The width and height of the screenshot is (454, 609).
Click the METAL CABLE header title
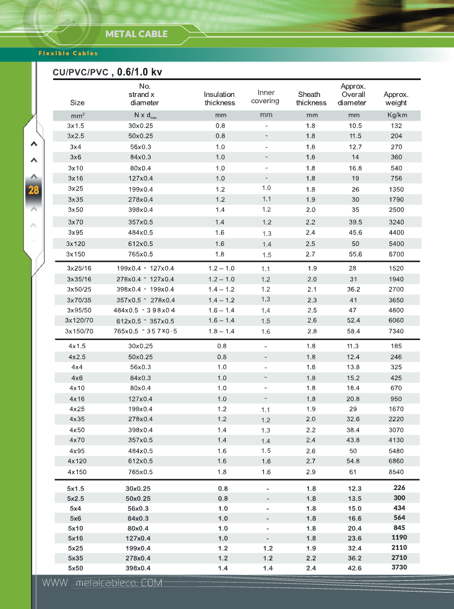[x=136, y=34]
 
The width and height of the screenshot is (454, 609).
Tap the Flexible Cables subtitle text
[x=68, y=54]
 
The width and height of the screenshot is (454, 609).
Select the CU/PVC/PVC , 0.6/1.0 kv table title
[x=107, y=72]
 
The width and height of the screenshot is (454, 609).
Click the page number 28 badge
[x=34, y=190]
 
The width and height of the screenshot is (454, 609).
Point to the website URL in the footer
[x=102, y=582]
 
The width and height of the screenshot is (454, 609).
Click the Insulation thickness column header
[x=219, y=99]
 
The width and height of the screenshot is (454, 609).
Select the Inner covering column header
[x=266, y=96]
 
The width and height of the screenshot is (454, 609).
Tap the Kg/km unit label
[x=396, y=116]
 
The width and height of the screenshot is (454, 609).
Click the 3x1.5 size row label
[x=76, y=126]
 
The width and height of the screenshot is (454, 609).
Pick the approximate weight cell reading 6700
[x=396, y=254]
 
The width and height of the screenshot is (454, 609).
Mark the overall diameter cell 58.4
[x=353, y=331]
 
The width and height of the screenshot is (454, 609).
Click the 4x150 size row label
[x=77, y=472]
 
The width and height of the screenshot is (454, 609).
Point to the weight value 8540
[x=396, y=472]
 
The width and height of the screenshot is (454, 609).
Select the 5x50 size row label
[x=76, y=568]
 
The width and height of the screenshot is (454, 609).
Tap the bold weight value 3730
[x=399, y=567]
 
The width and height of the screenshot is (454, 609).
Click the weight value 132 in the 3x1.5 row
[x=396, y=126]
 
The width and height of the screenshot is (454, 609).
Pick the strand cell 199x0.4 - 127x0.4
[x=145, y=268]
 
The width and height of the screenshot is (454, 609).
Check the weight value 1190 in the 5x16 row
[x=399, y=537]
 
